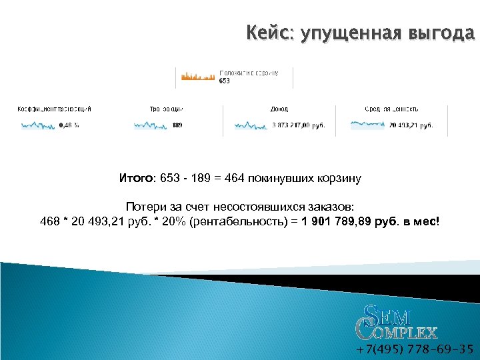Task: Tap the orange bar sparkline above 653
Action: (197, 77)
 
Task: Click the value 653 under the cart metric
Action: (224, 81)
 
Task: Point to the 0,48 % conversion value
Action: (69, 125)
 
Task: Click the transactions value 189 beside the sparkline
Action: (177, 125)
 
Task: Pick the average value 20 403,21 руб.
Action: (411, 125)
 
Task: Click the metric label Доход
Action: (279, 109)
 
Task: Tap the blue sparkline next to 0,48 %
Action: (38, 125)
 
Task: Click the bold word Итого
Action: (135, 178)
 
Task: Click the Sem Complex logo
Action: (397, 321)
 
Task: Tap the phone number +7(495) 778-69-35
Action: (415, 349)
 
